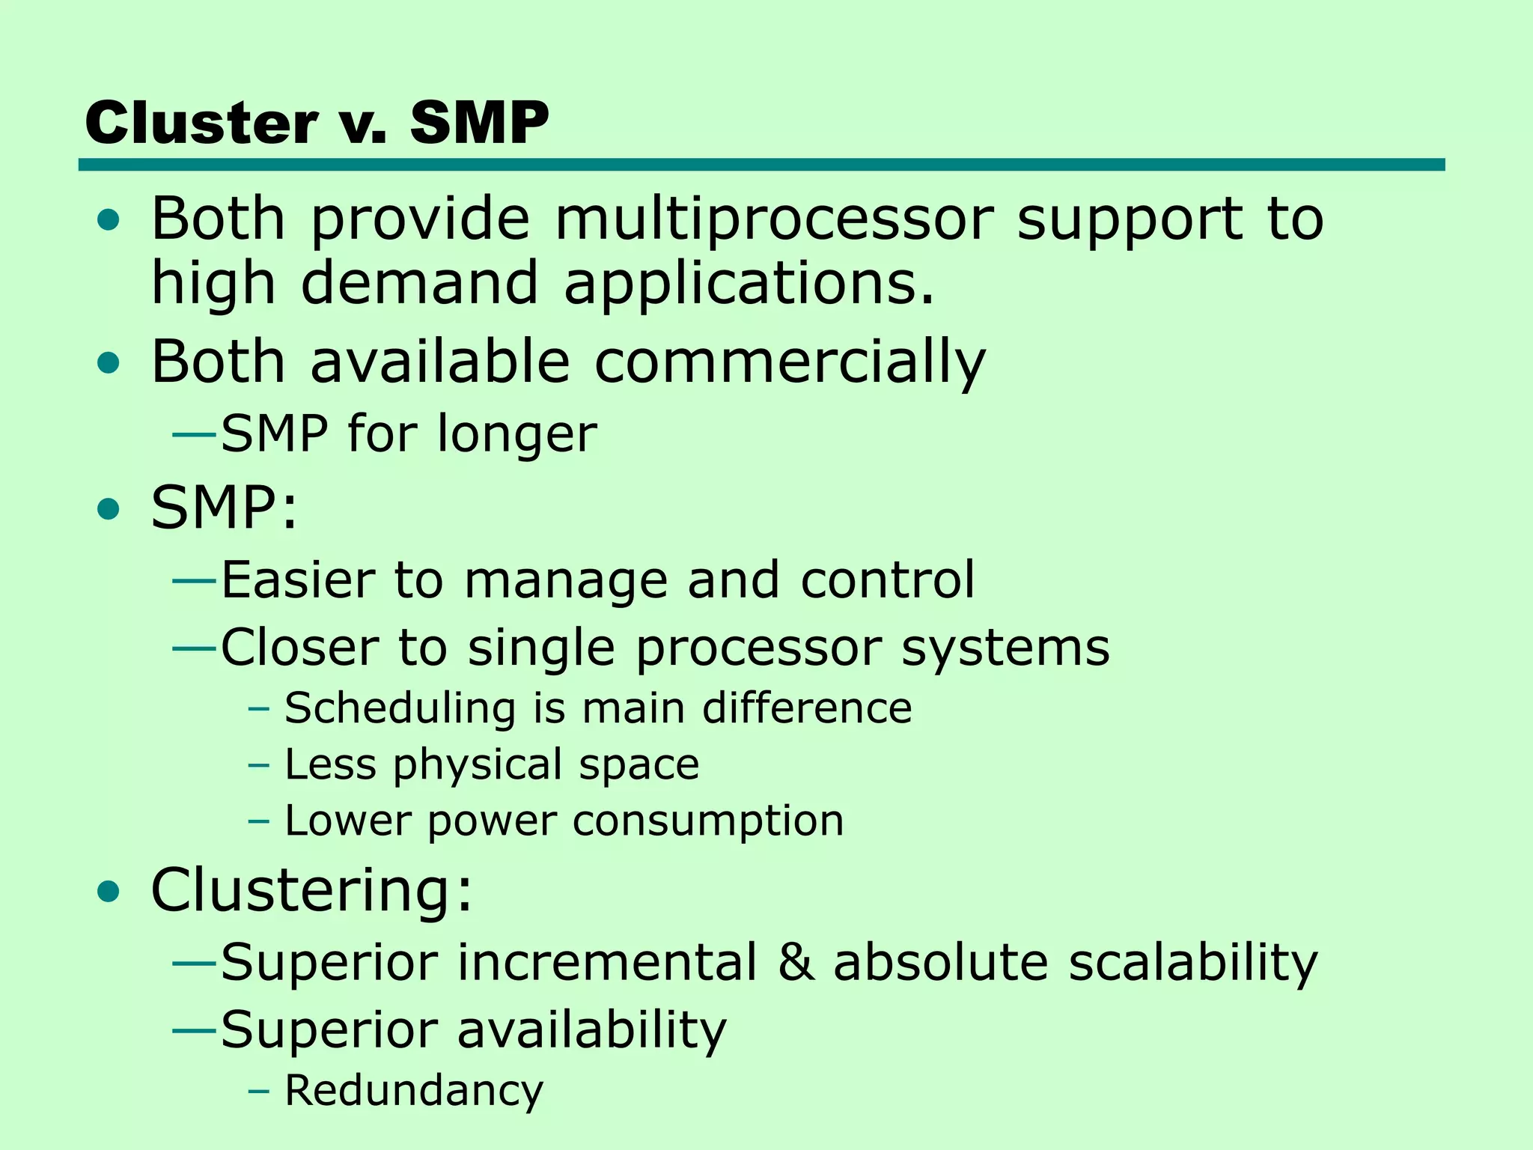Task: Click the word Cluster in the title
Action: [x=201, y=123]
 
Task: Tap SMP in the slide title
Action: [x=479, y=123]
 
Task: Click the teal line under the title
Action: [x=761, y=165]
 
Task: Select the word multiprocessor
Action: [x=774, y=219]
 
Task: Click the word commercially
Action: [x=790, y=362]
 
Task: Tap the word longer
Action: [x=517, y=434]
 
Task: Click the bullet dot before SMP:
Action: [x=109, y=510]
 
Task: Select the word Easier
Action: [x=297, y=579]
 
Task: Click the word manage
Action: [x=565, y=581]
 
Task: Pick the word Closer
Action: [x=299, y=647]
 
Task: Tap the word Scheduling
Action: [x=400, y=709]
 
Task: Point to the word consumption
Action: [x=708, y=821]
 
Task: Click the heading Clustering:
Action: [x=311, y=890]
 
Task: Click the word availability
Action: [x=591, y=1030]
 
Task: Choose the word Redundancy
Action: [x=414, y=1091]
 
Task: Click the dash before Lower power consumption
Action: [x=258, y=821]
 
